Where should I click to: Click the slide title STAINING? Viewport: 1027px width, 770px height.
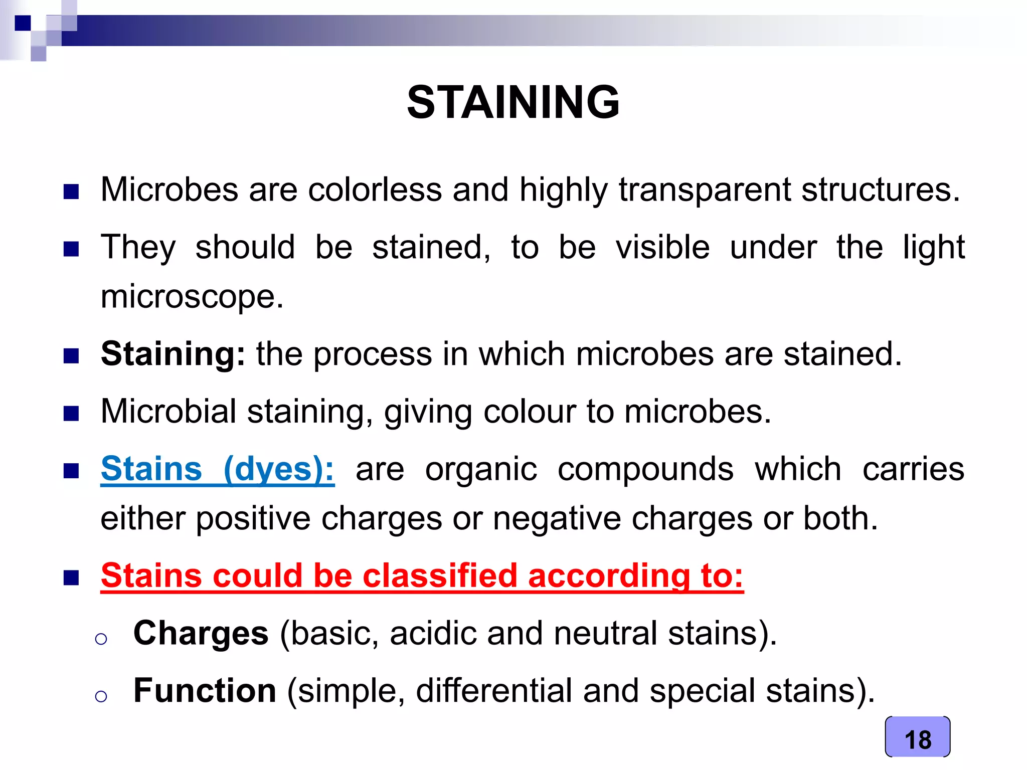tap(513, 102)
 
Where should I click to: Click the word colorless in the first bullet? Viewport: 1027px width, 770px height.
tap(375, 189)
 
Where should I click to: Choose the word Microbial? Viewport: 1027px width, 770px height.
tap(168, 411)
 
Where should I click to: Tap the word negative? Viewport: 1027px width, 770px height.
tap(557, 518)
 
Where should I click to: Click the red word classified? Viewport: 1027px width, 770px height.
tap(439, 575)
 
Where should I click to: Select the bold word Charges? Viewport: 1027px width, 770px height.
tap(201, 633)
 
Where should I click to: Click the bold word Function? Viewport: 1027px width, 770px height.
tap(205, 690)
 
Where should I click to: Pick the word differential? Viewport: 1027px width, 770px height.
tap(493, 690)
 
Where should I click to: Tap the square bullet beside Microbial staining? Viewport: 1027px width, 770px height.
tap(71, 414)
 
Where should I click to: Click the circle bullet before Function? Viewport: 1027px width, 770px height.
tap(101, 696)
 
